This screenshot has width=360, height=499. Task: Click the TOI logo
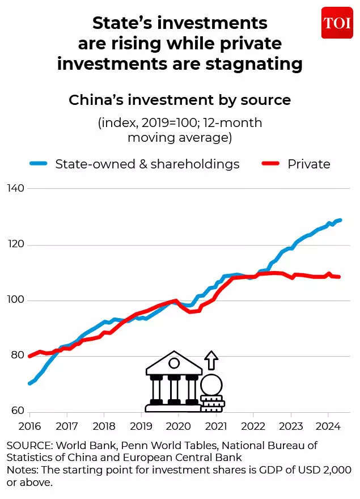[337, 23]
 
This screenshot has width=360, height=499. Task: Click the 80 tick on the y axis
[15, 356]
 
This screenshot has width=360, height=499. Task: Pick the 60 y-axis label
[15, 410]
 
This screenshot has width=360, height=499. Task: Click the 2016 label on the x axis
[29, 425]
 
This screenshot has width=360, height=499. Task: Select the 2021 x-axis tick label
[215, 425]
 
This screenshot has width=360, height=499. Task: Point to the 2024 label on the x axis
[327, 425]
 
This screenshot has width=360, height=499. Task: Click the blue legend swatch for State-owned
[38, 164]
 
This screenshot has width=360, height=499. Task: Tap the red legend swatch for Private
[271, 164]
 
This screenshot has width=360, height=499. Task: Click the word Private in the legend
[308, 164]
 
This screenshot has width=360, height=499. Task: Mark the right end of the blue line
[340, 220]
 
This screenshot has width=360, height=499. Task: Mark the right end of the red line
[339, 277]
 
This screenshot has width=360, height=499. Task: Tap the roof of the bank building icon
[174, 366]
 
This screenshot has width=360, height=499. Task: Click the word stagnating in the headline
[248, 64]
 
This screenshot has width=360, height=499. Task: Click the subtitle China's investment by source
[180, 100]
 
